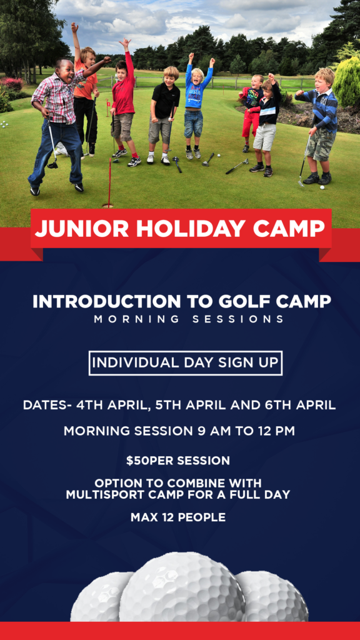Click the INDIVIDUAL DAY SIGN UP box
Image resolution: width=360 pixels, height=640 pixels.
pos(185,363)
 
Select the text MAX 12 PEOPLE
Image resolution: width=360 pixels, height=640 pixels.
pos(178,517)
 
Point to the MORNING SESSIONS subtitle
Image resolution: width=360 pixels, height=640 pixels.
pos(189,319)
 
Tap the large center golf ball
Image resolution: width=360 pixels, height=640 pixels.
pos(182,587)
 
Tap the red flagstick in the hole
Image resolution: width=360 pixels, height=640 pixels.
pos(109,182)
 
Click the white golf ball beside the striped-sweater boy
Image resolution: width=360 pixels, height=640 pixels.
pos(322,187)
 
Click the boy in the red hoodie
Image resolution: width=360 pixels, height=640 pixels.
pos(124,104)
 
